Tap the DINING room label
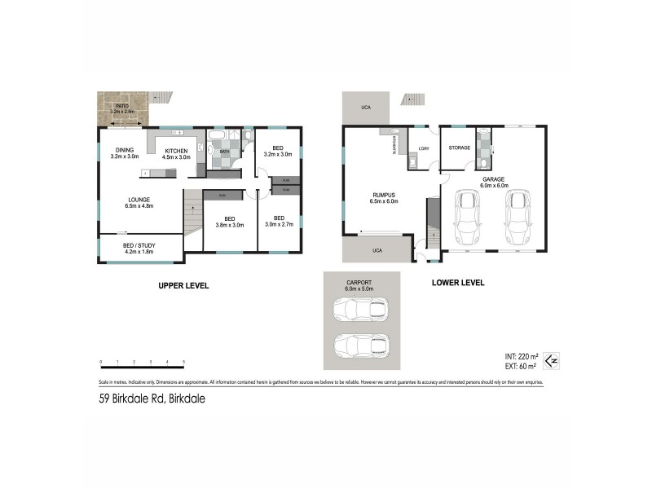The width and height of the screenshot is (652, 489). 125,152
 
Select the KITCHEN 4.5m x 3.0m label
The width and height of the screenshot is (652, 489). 177,153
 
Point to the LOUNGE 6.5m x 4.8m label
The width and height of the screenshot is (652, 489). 139,202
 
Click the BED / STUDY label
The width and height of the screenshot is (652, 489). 139,248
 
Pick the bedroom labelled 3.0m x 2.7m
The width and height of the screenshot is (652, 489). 278,221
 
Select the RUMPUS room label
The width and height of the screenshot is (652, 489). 383,198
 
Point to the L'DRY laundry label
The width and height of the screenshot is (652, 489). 424,148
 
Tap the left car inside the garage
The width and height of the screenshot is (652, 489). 467,218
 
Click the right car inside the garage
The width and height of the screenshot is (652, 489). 518,218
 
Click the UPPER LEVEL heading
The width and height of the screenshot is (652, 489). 183,286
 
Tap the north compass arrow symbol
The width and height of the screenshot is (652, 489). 551,359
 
